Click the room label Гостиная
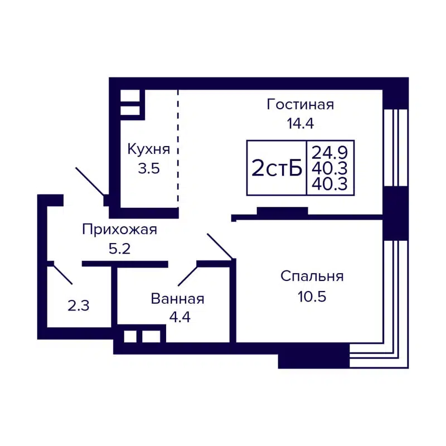coord(300,104)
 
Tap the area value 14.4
coord(300,123)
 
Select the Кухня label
coord(148,149)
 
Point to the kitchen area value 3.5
coord(149,168)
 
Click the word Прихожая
coord(119,229)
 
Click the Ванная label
coord(177,299)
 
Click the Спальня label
coord(312,276)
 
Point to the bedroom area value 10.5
coord(312,295)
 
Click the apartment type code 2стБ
coord(277,168)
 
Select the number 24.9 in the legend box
coord(330,151)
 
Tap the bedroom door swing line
coord(220,246)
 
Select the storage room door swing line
coord(62,274)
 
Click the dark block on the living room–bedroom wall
coord(282,211)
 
